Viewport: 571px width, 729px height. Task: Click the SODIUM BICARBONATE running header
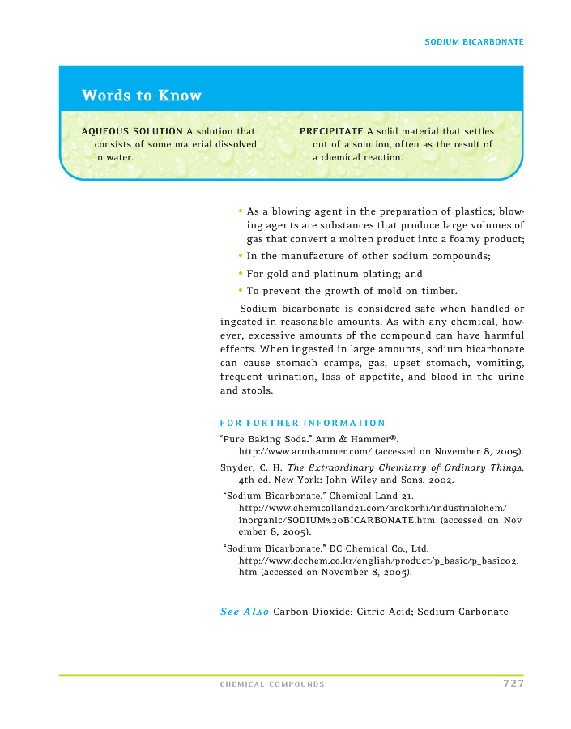[474, 41]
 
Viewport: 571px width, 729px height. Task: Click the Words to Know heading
[141, 96]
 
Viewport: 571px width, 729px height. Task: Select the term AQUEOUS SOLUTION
[132, 131]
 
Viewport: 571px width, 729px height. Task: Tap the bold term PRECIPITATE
[331, 131]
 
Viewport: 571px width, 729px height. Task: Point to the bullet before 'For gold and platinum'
[241, 274]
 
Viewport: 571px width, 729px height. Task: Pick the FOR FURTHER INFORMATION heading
[302, 423]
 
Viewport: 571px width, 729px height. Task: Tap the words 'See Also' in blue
[244, 612]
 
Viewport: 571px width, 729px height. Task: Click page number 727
[513, 684]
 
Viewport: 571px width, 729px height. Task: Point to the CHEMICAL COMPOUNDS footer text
[272, 684]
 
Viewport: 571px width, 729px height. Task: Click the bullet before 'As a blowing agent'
[241, 211]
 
